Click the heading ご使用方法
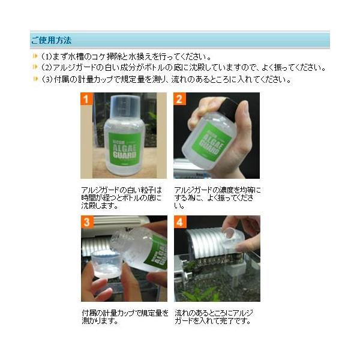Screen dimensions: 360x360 coord(51,40)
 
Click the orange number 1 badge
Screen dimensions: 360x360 coord(86,99)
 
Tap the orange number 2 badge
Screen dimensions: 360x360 coord(179,99)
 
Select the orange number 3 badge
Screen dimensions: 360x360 coord(87,222)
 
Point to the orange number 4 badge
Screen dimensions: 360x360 coord(180,222)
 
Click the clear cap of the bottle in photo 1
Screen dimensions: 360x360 coord(125,107)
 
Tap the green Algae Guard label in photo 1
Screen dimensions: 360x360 coord(125,149)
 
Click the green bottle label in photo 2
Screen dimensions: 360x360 coord(212,142)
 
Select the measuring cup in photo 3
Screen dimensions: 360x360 coord(106,265)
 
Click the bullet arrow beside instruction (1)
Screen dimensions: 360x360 coord(35,56)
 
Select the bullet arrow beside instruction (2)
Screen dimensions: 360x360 coord(35,67)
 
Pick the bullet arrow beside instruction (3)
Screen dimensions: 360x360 coord(35,79)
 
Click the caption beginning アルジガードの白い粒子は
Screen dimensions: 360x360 coord(122,197)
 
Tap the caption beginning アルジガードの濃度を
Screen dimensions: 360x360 coord(217,197)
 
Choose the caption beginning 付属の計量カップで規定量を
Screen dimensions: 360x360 coord(125,317)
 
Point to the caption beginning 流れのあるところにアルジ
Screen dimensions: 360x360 coord(214,317)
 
